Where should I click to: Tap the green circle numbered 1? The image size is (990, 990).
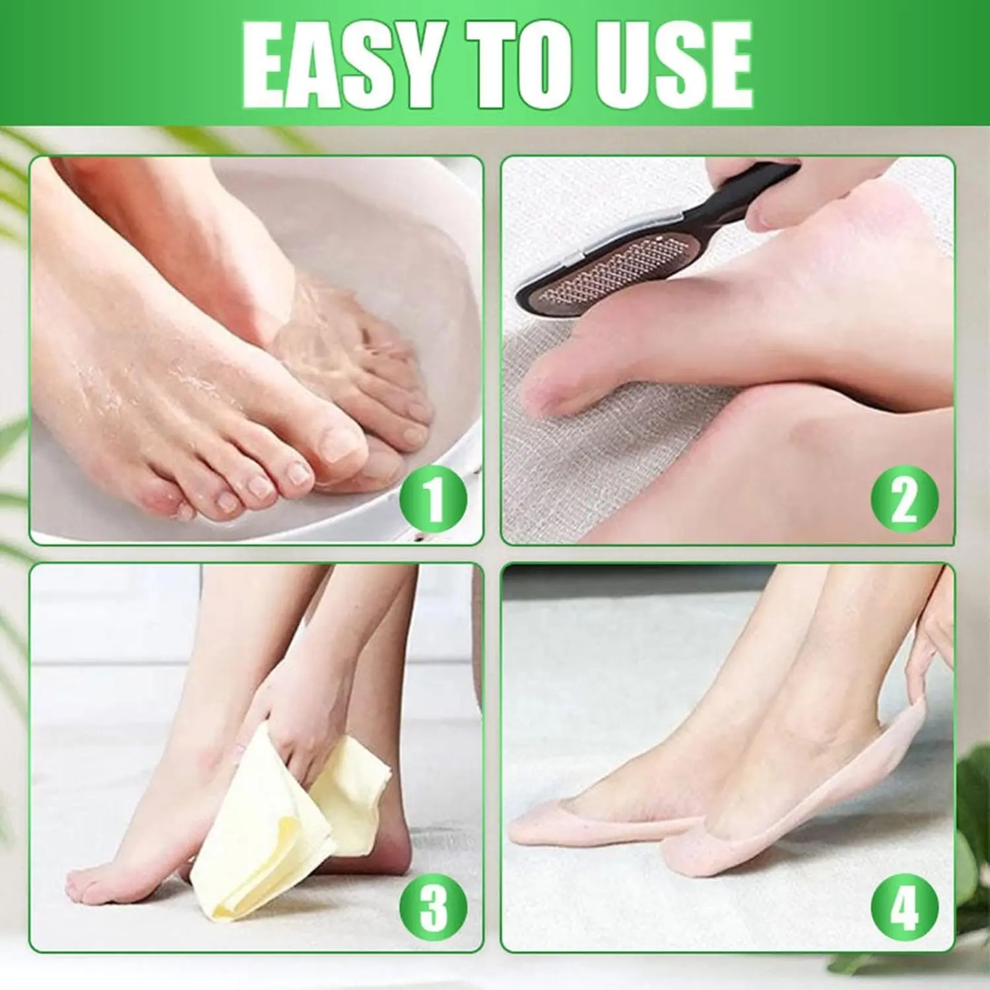(433, 499)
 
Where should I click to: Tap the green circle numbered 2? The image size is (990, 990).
(904, 499)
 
